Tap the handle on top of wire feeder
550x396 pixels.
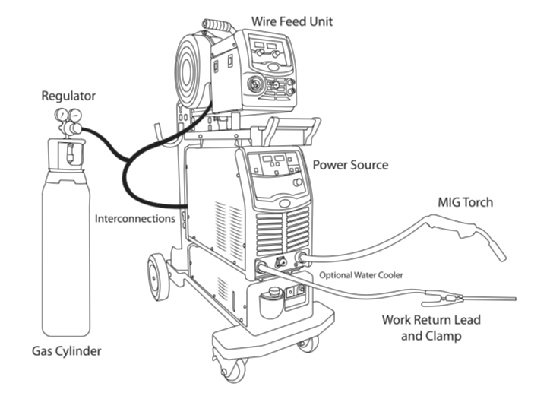[217, 27]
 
